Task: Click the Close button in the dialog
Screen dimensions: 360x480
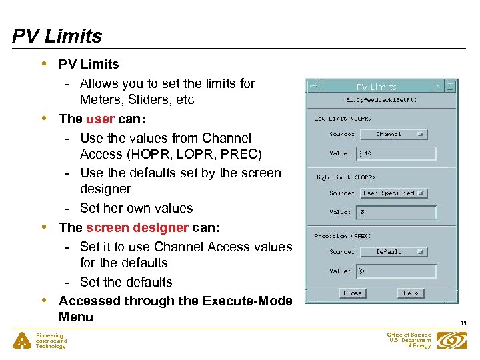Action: pyautogui.click(x=352, y=293)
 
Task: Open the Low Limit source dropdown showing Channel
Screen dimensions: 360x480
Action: pyautogui.click(x=393, y=134)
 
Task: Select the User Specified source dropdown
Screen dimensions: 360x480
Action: pyautogui.click(x=393, y=193)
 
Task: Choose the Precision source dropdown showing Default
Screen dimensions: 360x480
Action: pyautogui.click(x=393, y=252)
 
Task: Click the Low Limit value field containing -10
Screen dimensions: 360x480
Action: pyautogui.click(x=397, y=153)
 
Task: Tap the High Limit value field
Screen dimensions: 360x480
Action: pyautogui.click(x=397, y=212)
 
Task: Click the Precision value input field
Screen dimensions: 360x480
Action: pyautogui.click(x=397, y=271)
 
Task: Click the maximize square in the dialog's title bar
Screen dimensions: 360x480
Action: pyautogui.click(x=450, y=87)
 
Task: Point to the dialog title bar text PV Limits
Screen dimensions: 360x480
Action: pyautogui.click(x=376, y=87)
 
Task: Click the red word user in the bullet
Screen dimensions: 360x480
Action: pyautogui.click(x=100, y=119)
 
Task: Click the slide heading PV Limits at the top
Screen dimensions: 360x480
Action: pyautogui.click(x=57, y=36)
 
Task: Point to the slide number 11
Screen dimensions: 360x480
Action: pyautogui.click(x=463, y=323)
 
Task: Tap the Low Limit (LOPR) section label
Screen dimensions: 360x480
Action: pyautogui.click(x=343, y=119)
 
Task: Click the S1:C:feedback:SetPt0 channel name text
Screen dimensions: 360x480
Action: pyautogui.click(x=381, y=100)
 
